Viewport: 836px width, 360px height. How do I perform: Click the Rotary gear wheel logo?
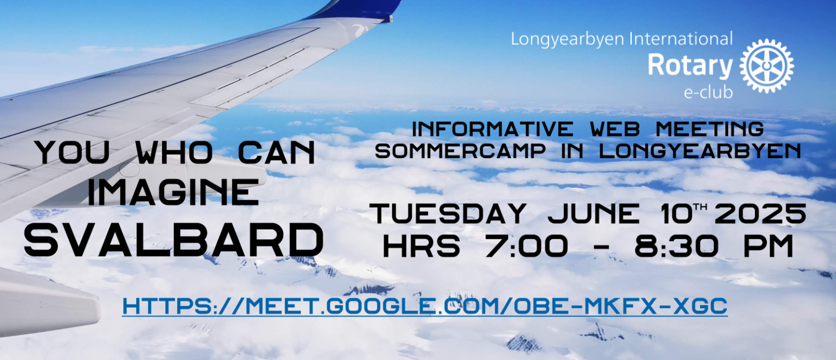pyautogui.click(x=766, y=66)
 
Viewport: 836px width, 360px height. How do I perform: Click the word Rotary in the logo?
pyautogui.click(x=690, y=66)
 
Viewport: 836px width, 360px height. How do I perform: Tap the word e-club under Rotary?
pyautogui.click(x=708, y=92)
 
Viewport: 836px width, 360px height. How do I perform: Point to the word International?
pyautogui.click(x=681, y=39)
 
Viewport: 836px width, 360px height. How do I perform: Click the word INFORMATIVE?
pyautogui.click(x=492, y=129)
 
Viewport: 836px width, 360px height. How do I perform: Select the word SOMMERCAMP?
pyautogui.click(x=460, y=151)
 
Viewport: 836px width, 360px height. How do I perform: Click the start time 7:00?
pyautogui.click(x=526, y=246)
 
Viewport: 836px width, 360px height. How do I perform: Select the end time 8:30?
pyautogui.click(x=677, y=246)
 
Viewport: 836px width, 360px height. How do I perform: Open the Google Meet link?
pyautogui.click(x=425, y=306)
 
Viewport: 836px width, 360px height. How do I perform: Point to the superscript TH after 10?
pyautogui.click(x=700, y=207)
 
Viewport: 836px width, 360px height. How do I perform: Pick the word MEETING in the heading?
pyautogui.click(x=709, y=129)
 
